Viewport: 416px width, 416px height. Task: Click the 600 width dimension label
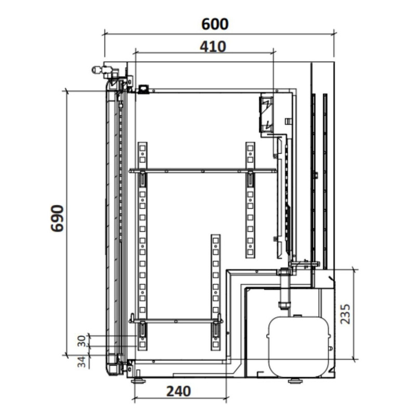click(x=215, y=24)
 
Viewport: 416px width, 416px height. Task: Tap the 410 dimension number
click(x=213, y=47)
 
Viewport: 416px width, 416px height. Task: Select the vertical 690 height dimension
click(x=57, y=218)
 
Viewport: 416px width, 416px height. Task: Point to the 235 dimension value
click(x=345, y=314)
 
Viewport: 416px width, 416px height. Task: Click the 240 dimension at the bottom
click(x=178, y=391)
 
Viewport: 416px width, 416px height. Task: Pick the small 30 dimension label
click(x=82, y=341)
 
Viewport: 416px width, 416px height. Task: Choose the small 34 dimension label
click(x=82, y=362)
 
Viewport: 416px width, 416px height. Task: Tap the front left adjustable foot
click(x=138, y=381)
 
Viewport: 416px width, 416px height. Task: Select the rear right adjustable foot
click(x=296, y=381)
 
